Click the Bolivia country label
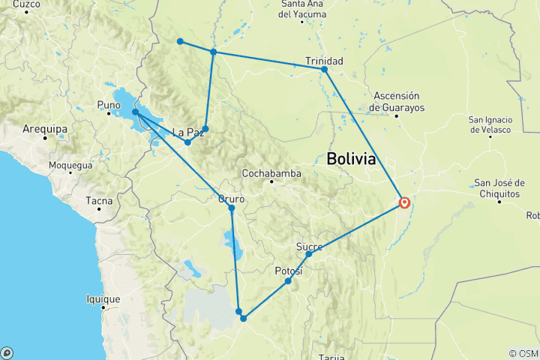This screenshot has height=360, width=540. point(351,159)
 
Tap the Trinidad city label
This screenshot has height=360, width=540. point(324,60)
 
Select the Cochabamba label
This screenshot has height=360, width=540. point(271,173)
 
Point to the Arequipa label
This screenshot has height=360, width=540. point(46,129)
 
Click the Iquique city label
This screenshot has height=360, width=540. point(103,299)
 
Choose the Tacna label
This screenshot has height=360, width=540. point(98,200)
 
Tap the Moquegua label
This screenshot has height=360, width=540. point(70,165)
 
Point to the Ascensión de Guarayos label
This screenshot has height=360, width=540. point(398,101)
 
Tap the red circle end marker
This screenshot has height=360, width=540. point(405,202)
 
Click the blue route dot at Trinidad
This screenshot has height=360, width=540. point(325,70)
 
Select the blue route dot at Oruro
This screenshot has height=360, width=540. point(232,208)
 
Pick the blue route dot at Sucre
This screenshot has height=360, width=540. point(309,254)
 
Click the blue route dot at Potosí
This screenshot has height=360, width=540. point(288,281)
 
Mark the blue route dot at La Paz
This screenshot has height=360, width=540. point(187,142)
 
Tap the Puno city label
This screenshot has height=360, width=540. point(109,104)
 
